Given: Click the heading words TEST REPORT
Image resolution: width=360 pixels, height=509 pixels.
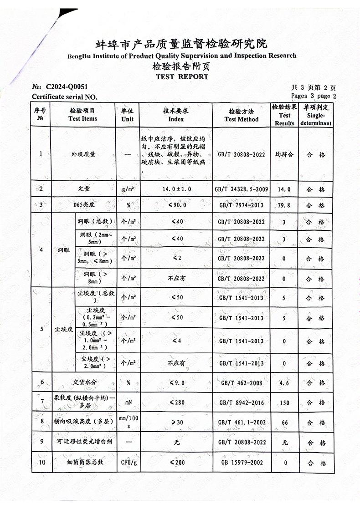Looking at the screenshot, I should pos(182,76).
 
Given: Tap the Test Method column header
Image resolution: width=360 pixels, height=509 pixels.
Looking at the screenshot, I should pos(241,115).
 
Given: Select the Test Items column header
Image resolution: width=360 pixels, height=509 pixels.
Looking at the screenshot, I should pos(82,115).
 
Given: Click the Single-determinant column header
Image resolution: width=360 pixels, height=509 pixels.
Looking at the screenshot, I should pos(316,115).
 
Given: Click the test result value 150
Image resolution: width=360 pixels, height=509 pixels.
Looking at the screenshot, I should pos(285,402).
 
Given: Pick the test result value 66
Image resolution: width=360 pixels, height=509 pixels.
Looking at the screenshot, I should pos(285,422).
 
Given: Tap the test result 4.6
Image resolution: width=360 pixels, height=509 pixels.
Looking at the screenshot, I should pos(285,383).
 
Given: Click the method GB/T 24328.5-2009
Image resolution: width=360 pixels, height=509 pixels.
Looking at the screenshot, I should pos(241,189).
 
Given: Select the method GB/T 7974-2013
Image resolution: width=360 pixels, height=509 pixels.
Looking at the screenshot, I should pos(241,205).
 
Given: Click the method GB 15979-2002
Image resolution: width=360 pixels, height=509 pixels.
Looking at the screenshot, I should pos(242,463).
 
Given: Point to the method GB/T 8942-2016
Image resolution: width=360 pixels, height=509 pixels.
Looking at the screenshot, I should pos(241,402).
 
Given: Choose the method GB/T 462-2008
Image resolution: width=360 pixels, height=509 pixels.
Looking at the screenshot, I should pos(241,383).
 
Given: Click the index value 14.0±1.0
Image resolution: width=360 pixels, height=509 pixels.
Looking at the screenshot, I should pos(176,189).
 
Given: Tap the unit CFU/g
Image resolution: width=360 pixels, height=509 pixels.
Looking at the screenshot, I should pos(128,463).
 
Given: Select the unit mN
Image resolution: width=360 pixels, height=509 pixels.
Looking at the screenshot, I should pos(128,402).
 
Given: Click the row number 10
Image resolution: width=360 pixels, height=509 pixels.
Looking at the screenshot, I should pos(41,463).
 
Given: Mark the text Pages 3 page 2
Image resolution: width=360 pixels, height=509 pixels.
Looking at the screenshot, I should pos(313,96).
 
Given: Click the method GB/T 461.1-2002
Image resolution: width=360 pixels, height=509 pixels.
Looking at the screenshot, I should pos(241,422).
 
